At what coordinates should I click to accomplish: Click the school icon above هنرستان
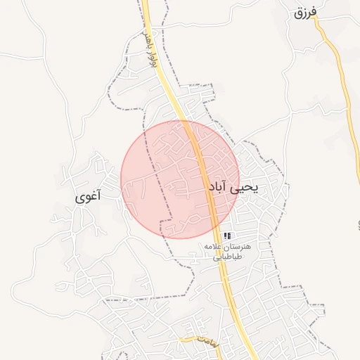pyautogui.click(x=227, y=236)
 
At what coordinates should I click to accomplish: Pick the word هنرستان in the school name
pyautogui.click(x=243, y=247)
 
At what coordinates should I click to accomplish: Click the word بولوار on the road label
pyautogui.click(x=151, y=59)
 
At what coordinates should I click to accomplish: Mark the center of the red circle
pyautogui.click(x=180, y=179)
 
